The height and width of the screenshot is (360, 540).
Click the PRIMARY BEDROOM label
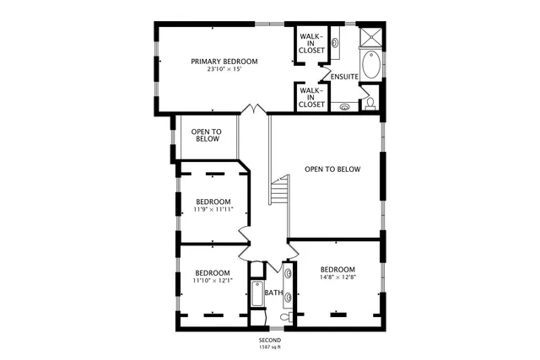[x=224, y=62]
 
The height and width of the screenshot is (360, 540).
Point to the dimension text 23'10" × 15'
[x=224, y=70]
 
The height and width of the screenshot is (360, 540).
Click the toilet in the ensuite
[x=370, y=103]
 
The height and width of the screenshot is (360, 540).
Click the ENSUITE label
[x=344, y=78]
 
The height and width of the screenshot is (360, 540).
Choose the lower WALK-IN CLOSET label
[x=311, y=97]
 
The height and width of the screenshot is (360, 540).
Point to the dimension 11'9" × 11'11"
[x=213, y=209]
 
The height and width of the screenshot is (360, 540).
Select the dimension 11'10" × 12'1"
[x=213, y=281]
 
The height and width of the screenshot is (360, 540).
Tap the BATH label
[x=273, y=293]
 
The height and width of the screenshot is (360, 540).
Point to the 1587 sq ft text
[x=269, y=347]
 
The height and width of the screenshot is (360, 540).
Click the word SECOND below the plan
[x=269, y=340]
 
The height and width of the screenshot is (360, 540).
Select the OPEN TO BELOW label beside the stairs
[x=332, y=169]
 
